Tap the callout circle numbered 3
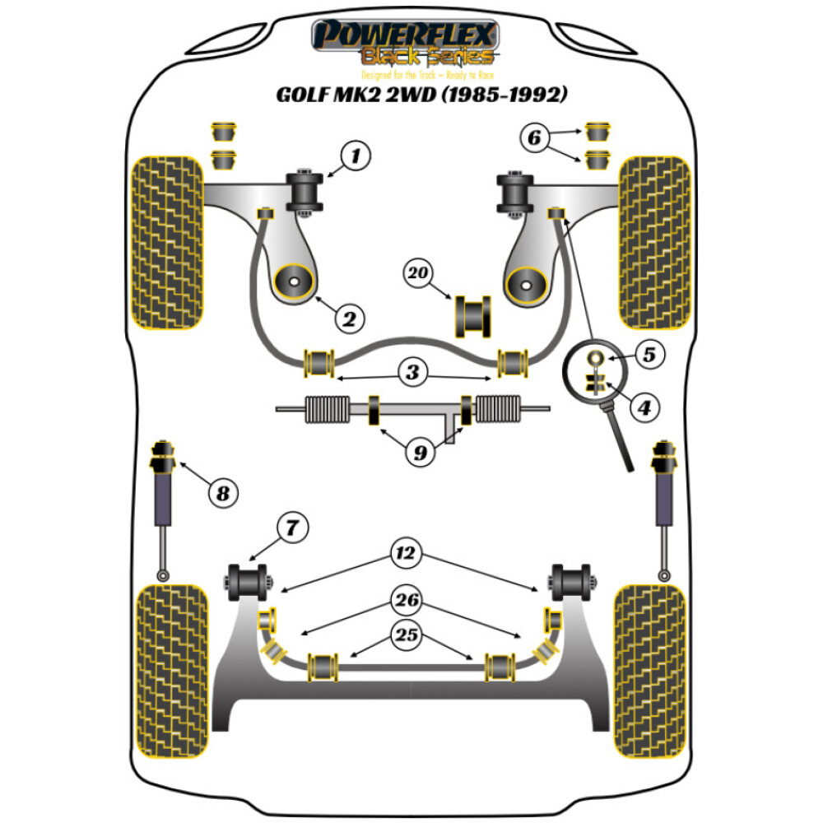[x=412, y=372]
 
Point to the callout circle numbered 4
[x=645, y=406]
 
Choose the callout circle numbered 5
[x=649, y=356]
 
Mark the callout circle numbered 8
[x=221, y=494]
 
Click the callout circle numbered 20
[x=421, y=273]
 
